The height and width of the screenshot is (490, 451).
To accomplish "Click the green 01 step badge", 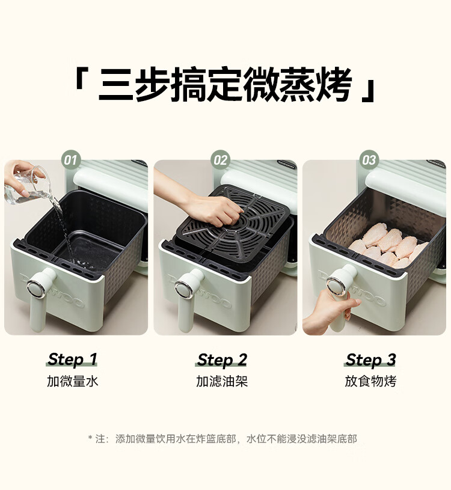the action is [70, 161].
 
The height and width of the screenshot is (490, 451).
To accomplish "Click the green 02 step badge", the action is [220, 161].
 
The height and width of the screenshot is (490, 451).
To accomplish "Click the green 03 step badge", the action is [369, 161].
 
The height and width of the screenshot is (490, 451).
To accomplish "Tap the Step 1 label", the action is [72, 360].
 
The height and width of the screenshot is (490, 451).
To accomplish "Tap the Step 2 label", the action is [222, 360].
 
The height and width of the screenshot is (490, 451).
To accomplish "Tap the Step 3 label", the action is [370, 360].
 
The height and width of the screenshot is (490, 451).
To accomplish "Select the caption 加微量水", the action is [73, 381].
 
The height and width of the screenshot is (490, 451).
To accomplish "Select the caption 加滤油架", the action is [222, 381].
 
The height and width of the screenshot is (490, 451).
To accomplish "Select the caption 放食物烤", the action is [370, 381].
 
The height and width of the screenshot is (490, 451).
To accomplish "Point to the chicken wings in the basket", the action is [387, 245].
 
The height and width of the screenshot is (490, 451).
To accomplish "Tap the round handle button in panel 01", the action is [35, 289].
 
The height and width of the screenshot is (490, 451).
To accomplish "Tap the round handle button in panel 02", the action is [184, 289].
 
